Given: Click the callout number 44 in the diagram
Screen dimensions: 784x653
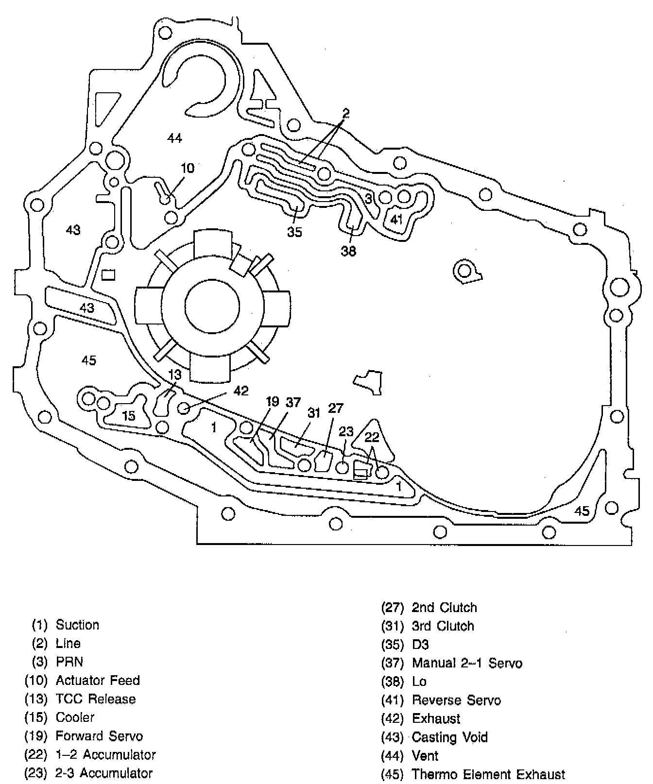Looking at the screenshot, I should [174, 138].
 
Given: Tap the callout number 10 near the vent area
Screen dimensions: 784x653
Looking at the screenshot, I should [188, 168].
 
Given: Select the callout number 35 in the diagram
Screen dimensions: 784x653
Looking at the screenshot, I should [294, 232].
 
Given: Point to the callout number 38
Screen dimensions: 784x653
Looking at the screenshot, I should [348, 251].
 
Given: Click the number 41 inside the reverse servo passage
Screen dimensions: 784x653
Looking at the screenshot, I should [397, 219].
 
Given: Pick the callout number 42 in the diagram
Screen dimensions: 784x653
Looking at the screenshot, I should [241, 391].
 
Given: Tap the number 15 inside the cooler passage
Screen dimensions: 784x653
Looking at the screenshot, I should [129, 416].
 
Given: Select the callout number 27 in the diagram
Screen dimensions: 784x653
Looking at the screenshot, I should [336, 408].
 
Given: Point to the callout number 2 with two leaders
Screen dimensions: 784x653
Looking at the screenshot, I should [345, 114].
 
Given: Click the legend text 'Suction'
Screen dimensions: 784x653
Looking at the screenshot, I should [77, 625].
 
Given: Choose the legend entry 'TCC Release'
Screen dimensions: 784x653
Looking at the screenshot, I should [96, 699].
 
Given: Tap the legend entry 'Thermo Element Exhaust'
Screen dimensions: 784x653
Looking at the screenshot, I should [488, 774].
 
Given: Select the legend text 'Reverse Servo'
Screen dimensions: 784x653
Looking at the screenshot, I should [456, 700].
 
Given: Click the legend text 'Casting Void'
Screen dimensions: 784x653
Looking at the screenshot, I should [449, 737].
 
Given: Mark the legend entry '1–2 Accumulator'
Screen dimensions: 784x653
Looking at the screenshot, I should [105, 754].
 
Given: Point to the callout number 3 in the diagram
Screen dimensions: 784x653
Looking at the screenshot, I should [368, 198].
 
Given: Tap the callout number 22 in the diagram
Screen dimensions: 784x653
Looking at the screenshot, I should [372, 437].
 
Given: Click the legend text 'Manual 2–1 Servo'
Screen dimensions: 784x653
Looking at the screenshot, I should [467, 663].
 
